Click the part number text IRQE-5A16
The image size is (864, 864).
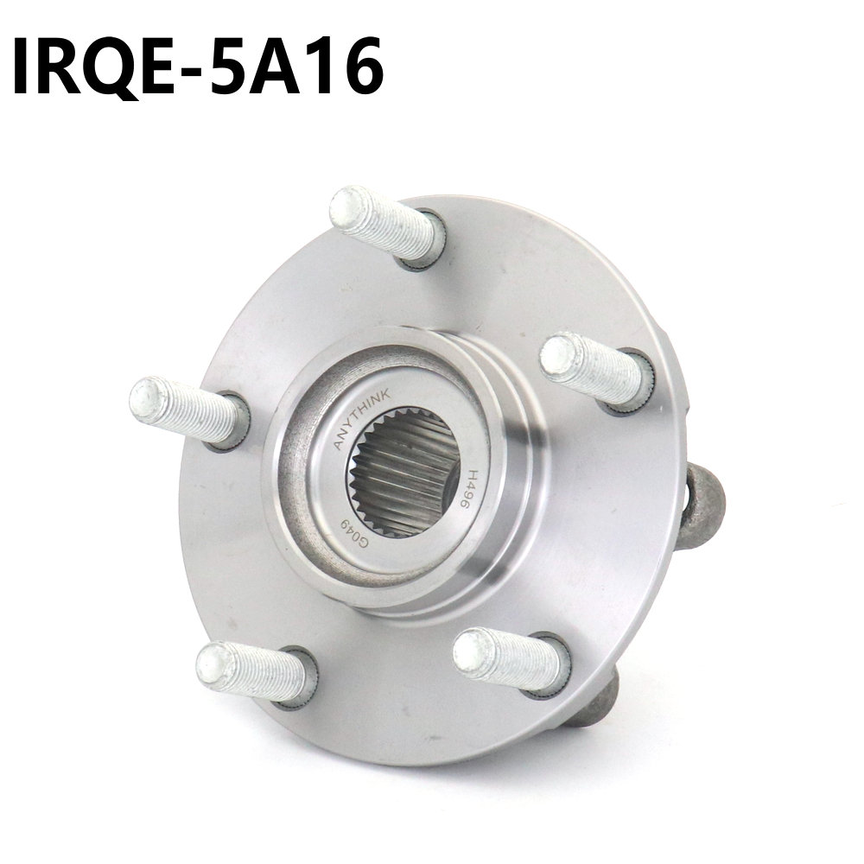pos(198,67)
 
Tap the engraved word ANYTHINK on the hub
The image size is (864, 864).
pos(361,417)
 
